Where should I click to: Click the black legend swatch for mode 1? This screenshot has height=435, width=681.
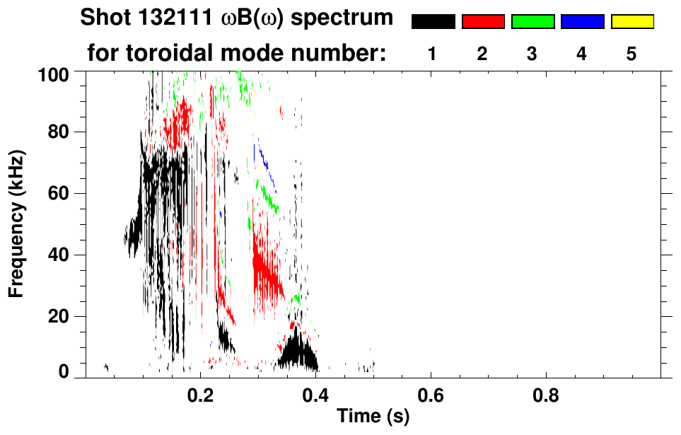[x=433, y=22]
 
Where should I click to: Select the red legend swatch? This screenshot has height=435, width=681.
[x=483, y=22]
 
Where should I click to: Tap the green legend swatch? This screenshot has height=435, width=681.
[x=532, y=22]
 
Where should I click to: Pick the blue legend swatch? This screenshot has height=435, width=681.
[x=582, y=22]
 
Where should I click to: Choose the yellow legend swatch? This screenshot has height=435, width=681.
[x=631, y=22]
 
